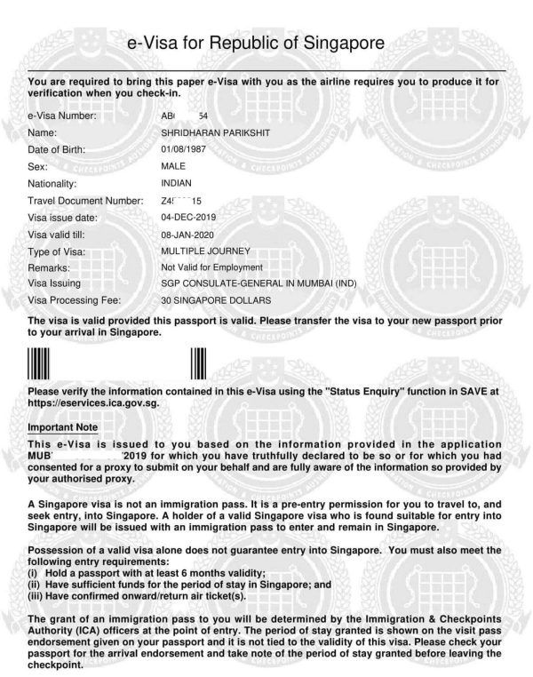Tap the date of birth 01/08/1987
click(x=184, y=147)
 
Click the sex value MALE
click(x=173, y=164)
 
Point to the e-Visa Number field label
click(x=61, y=115)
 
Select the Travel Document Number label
click(x=85, y=201)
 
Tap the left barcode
click(x=37, y=366)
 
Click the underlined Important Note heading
click(x=64, y=427)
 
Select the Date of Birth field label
click(x=57, y=148)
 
